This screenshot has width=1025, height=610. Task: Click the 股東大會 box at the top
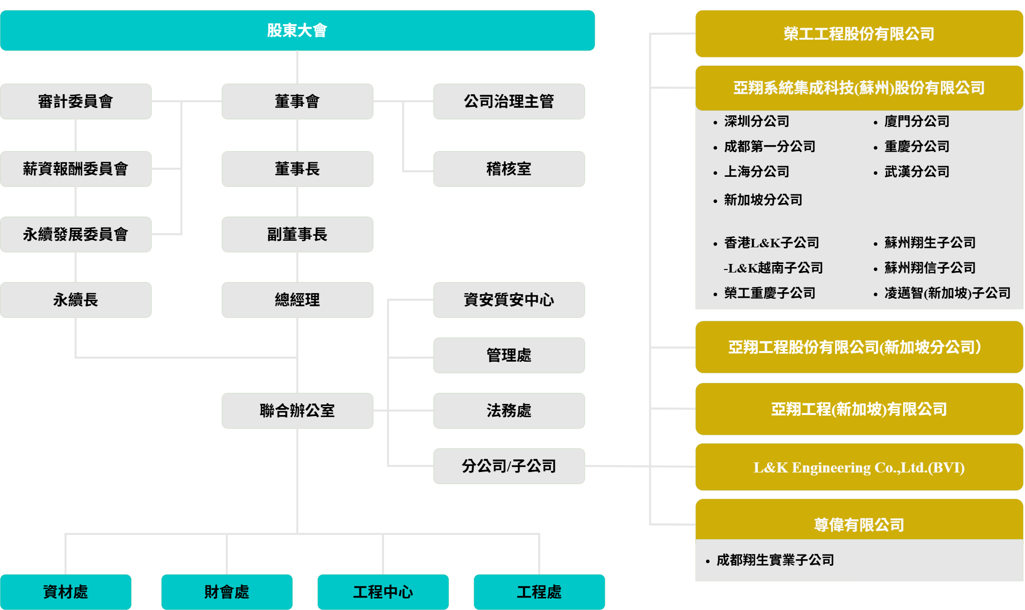point(297,30)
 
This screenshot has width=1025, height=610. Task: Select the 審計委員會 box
point(76,101)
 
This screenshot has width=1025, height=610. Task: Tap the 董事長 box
point(297,169)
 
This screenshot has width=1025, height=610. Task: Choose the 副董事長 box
point(297,234)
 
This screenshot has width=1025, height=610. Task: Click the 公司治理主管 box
point(509,101)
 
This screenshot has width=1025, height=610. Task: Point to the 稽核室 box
point(509,169)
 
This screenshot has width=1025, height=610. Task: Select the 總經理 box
point(297,300)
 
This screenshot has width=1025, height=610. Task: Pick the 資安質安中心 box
point(509,300)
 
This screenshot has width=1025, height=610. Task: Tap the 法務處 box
point(509,411)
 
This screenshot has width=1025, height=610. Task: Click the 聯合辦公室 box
point(297,411)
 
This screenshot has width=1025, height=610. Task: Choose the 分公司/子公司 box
point(509,466)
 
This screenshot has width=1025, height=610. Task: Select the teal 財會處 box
point(227,592)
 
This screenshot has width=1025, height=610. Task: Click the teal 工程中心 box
point(383,592)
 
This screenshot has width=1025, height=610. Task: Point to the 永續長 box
point(76,300)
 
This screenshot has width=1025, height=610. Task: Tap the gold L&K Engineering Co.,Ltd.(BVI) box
point(859,467)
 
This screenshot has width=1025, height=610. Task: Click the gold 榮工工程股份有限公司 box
point(859,34)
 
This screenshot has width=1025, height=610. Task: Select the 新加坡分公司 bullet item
point(758,200)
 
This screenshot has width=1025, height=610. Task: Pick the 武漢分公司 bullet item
point(912,172)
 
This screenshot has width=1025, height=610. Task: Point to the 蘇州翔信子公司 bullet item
point(925,268)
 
